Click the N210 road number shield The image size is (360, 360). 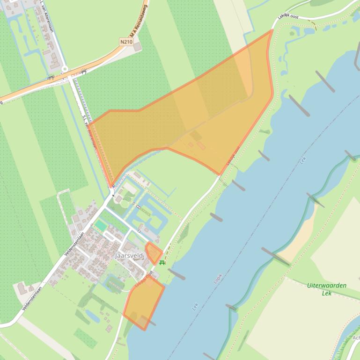[126, 42]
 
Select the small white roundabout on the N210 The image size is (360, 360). [65, 69]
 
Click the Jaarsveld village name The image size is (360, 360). [129, 256]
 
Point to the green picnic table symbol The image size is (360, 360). [162, 263]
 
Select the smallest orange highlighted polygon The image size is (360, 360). [153, 252]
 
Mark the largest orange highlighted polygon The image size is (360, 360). [197, 117]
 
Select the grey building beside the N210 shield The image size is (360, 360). [137, 47]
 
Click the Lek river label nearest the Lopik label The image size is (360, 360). [195, 307]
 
